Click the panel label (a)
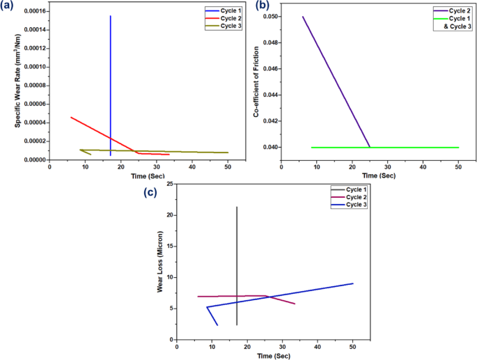pos(10,6)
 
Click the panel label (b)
pos(264,6)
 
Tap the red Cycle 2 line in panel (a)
pos(97,131)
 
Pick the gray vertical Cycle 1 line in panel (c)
pos(237,265)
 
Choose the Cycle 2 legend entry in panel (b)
pos(453,10)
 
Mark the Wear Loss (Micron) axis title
pos(159,261)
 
